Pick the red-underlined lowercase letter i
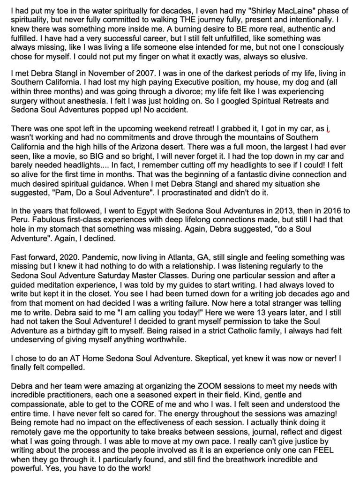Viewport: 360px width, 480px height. [x=330, y=128]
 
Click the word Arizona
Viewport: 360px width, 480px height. [x=166, y=146]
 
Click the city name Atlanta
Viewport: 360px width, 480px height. [x=183, y=257]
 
